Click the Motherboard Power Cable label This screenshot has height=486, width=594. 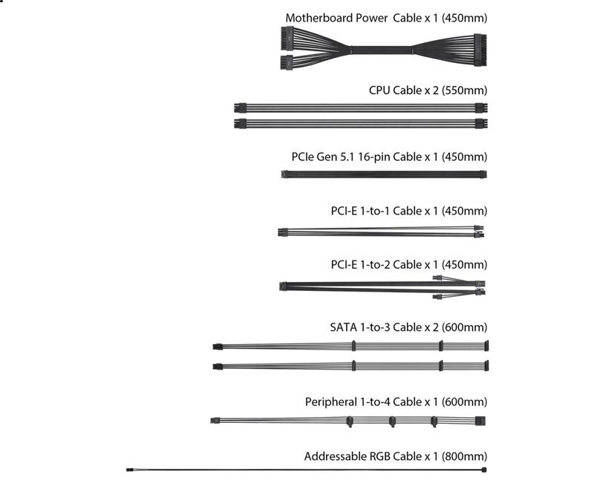coord(386,18)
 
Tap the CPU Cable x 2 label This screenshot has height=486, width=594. coord(428,91)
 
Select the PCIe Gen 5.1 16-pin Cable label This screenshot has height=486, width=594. coord(389,157)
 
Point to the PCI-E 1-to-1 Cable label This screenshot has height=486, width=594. coord(409,211)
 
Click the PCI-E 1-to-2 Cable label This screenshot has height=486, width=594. coord(409,265)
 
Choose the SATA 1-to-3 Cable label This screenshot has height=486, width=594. coord(409,327)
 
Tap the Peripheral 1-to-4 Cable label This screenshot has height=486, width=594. coord(396,401)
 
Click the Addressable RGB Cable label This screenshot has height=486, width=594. coord(396,456)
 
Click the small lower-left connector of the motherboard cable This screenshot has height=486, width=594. coord(287,62)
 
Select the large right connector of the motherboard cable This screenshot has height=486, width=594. coord(480,50)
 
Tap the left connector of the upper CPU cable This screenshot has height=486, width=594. coord(240,108)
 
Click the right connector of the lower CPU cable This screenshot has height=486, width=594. coord(481,123)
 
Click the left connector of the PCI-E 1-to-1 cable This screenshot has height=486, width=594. coord(283,232)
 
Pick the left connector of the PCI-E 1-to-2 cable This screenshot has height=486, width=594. coord(284,286)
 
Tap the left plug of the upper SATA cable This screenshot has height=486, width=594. coord(218,347)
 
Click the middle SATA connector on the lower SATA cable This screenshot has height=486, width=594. coord(440,366)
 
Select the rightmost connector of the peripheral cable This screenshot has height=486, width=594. coord(480,421)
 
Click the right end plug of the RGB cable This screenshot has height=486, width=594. coord(484,470)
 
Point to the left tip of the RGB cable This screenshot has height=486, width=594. coord(127,470)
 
